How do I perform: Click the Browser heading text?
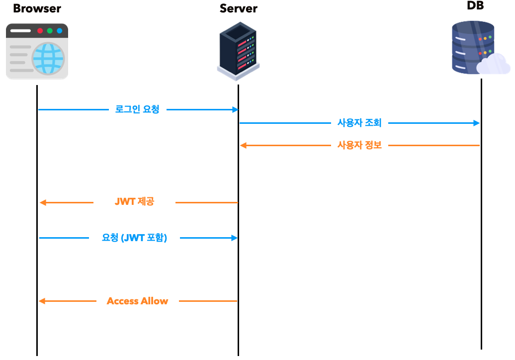37,8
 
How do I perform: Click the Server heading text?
239,8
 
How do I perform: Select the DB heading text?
475,6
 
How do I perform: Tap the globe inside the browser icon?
48,58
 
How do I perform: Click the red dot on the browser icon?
40,31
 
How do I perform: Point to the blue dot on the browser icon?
59,31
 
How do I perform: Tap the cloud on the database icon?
493,65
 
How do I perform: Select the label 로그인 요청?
137,109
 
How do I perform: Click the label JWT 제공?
134,202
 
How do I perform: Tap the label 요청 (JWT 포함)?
134,238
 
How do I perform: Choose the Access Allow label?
137,301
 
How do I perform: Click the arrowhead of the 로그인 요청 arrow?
235,109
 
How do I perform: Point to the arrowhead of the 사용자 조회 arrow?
477,123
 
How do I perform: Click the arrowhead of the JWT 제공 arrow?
43,202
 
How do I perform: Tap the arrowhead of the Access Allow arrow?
43,301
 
